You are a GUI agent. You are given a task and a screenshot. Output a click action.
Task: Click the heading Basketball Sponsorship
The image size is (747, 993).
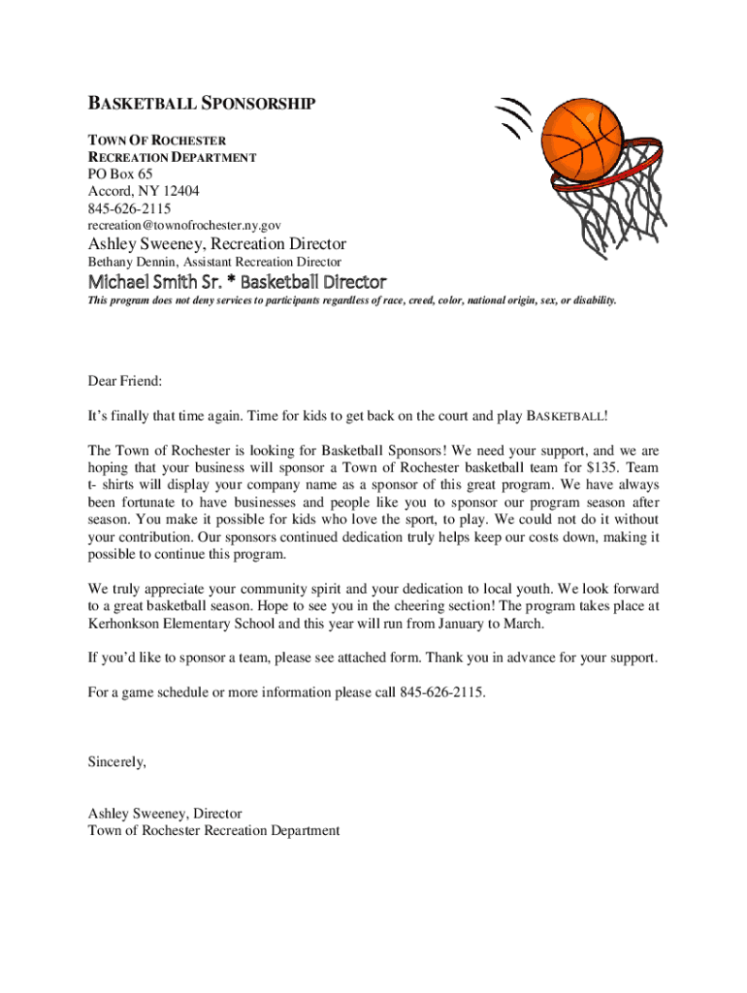201,104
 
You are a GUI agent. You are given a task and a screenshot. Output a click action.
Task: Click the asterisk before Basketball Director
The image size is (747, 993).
229,282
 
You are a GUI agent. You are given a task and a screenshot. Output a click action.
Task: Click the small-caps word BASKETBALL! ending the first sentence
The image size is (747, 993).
567,416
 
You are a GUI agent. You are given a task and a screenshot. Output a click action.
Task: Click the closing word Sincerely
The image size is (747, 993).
117,761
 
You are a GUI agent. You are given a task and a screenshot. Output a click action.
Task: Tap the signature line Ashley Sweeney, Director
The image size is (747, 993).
165,813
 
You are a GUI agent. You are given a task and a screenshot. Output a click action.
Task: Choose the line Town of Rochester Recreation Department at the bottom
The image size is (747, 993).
213,830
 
